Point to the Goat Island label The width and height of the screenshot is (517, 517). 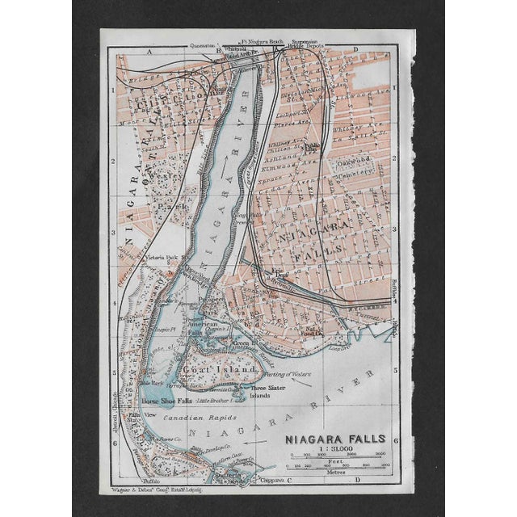(208, 369)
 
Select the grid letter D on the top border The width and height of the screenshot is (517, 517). (357, 50)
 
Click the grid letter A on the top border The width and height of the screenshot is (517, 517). (149, 50)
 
